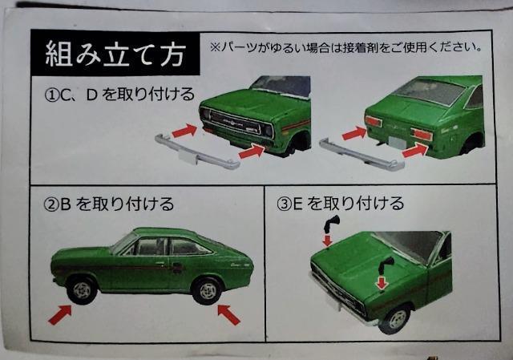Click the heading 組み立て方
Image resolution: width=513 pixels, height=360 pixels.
[x=115, y=54]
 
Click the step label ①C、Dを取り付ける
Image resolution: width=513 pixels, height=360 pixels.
[x=119, y=95]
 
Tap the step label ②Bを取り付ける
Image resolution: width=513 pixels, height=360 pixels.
[x=109, y=204]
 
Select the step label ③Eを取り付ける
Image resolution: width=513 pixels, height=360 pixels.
[x=340, y=203]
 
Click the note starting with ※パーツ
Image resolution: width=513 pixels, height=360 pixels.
[x=345, y=48]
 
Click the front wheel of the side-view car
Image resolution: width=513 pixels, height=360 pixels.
[x=82, y=290]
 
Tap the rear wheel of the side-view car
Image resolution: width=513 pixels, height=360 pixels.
[x=208, y=290]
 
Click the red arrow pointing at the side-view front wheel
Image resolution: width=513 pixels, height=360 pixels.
[x=60, y=314]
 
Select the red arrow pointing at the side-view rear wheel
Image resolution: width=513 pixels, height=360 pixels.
[x=229, y=314]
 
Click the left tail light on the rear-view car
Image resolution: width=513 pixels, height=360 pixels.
[x=374, y=122]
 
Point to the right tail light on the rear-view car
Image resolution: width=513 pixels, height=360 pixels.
[x=422, y=134]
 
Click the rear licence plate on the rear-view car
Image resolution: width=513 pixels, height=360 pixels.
[x=397, y=143]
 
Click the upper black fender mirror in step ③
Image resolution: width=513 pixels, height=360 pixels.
[x=331, y=224]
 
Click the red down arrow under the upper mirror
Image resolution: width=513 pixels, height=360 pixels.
[x=327, y=240]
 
